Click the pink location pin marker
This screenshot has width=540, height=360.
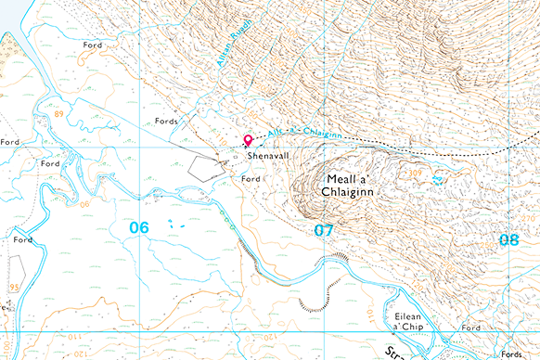pyautogui.click(x=248, y=141)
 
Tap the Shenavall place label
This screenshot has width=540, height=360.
pyautogui.click(x=268, y=157)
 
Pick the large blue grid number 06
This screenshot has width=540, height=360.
pyautogui.click(x=139, y=227)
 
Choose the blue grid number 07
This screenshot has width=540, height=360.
pyautogui.click(x=323, y=229)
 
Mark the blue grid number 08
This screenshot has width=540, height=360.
pyautogui.click(x=508, y=239)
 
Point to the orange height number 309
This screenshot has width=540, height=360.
pyautogui.click(x=417, y=173)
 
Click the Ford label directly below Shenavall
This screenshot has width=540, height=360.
pyautogui.click(x=250, y=178)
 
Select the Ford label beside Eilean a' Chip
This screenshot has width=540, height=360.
pyautogui.click(x=471, y=328)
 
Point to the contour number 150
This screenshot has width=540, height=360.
pyautogui.click(x=376, y=315)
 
